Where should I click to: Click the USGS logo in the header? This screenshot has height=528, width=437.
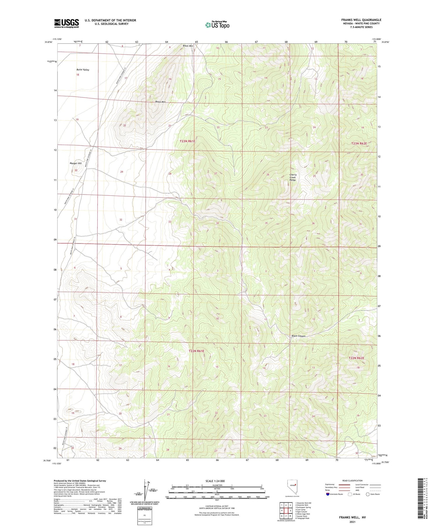click(66, 23)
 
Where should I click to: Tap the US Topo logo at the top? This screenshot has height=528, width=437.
click(217, 25)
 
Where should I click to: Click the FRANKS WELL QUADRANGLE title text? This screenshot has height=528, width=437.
click(361, 20)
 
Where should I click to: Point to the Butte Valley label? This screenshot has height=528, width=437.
click(83, 70)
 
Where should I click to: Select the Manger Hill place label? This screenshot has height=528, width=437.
click(75, 163)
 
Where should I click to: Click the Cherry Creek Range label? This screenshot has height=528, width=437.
click(292, 177)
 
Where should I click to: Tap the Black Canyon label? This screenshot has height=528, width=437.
click(298, 336)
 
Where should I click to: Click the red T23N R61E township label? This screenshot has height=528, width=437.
click(187, 141)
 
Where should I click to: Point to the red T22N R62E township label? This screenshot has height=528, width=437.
click(356, 358)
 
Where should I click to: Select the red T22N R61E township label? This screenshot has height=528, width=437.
click(196, 351)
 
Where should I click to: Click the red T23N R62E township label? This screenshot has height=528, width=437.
click(359, 143)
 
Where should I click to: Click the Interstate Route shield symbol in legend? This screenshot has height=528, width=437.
click(327, 494)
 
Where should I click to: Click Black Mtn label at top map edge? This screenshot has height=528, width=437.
click(188, 46)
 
